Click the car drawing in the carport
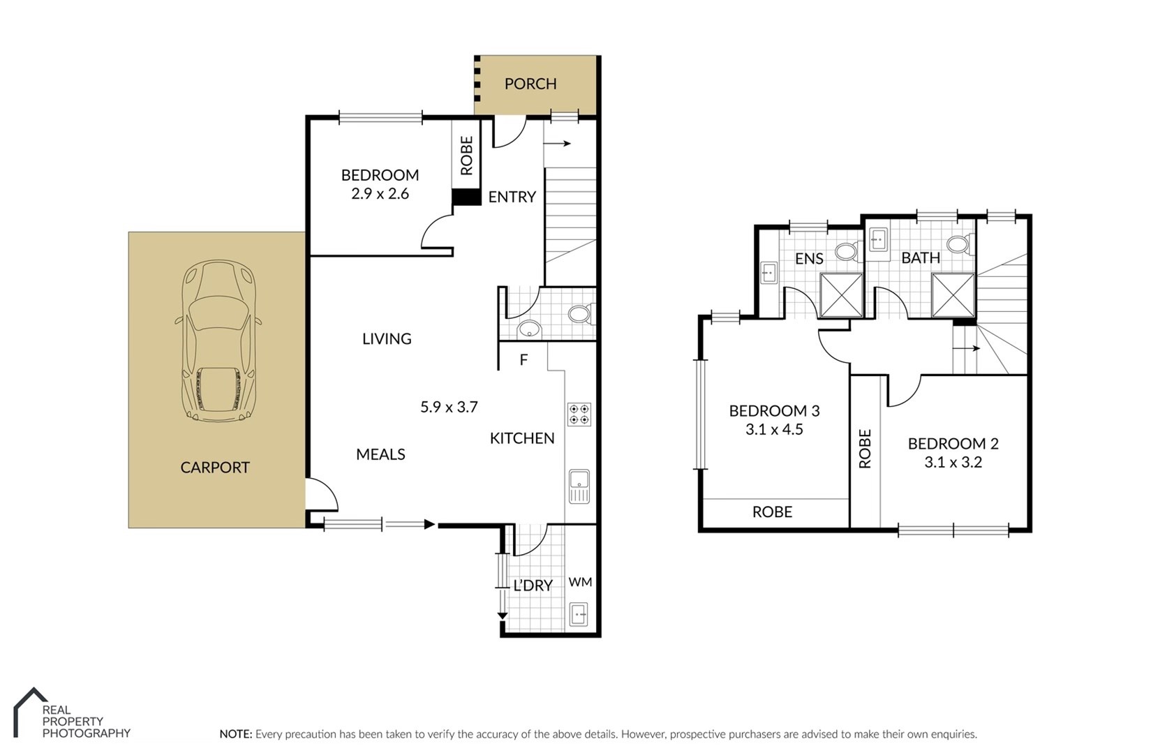click(x=218, y=341)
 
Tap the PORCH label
click(x=530, y=84)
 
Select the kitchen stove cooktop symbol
click(x=579, y=414)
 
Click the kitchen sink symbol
click(x=579, y=486)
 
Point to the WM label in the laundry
click(x=580, y=582)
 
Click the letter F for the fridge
click(x=523, y=360)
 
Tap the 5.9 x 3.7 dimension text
click(x=449, y=407)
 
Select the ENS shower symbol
click(x=841, y=295)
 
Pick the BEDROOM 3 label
click(x=774, y=411)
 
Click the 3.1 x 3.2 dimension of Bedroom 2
click(x=953, y=463)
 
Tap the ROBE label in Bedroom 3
click(x=772, y=512)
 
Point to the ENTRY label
click(x=512, y=197)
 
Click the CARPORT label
click(x=215, y=468)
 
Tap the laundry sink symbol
click(x=579, y=615)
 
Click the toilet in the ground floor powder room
click(x=581, y=314)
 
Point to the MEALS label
click(x=380, y=454)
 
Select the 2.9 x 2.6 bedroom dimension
click(x=380, y=194)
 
